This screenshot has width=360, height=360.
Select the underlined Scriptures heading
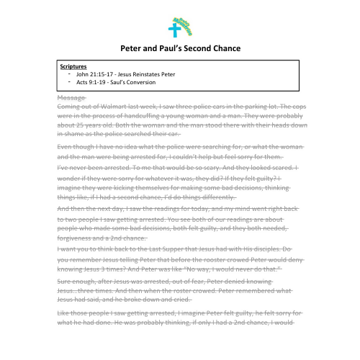point(74,65)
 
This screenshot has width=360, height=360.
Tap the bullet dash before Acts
point(69,82)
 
